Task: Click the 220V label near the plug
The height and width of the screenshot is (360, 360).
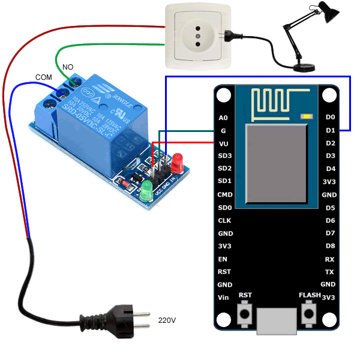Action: [167, 320]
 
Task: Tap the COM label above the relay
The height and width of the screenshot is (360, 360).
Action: [44, 77]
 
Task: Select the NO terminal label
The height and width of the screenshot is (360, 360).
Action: [68, 66]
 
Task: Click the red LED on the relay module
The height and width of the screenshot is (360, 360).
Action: [177, 161]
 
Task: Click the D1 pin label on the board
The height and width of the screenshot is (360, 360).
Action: [330, 130]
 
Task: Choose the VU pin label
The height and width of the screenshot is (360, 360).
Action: [224, 143]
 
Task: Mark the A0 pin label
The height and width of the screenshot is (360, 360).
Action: [224, 118]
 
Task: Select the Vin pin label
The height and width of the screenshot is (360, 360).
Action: [224, 298]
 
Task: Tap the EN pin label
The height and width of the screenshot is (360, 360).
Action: [223, 259]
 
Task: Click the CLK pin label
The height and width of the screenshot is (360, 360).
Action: [224, 220]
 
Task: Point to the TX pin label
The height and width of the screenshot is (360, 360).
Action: [329, 272]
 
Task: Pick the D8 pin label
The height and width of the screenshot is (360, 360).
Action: [330, 246]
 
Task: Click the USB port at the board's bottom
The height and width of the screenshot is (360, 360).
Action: [277, 321]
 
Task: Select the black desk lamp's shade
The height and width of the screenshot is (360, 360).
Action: [325, 14]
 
